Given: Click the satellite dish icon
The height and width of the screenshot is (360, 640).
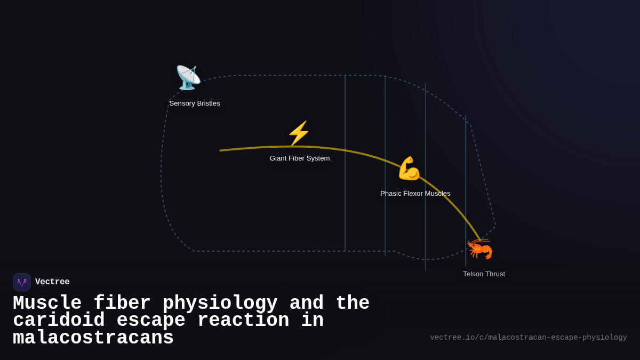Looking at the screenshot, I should coord(188,78).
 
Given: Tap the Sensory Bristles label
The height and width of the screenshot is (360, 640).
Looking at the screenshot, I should coord(195,103).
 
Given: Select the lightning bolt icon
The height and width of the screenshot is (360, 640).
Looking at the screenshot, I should coord(299,133).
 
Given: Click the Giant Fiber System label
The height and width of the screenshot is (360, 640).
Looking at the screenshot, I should coord(300,158).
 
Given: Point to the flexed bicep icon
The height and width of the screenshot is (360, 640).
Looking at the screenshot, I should coord(409,169).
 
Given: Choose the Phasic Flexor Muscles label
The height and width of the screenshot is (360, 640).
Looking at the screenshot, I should coord(415,194).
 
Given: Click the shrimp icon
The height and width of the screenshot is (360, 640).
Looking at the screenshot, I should coord(480,249).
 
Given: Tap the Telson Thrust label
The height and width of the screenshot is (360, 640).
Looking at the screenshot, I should coord(484,274).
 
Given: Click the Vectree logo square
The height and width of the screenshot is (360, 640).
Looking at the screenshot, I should coord(22,282).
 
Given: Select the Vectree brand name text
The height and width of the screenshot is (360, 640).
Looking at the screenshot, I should coord(52,282).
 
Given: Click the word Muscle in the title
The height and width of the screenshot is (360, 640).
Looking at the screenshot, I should coord(47,303).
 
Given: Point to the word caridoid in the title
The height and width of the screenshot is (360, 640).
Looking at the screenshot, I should coord(59,321).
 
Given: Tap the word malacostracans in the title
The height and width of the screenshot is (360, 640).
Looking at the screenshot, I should coord(93,338).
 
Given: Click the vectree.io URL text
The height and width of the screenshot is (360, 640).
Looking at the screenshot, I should coord(528,338).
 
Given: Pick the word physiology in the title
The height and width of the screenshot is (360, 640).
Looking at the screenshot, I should coord(220,303).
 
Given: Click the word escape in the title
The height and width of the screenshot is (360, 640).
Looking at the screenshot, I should coord(151,321).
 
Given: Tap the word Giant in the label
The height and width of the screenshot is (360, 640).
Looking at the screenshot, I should coord(279,158).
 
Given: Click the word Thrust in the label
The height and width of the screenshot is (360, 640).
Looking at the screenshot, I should coord(494,274).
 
